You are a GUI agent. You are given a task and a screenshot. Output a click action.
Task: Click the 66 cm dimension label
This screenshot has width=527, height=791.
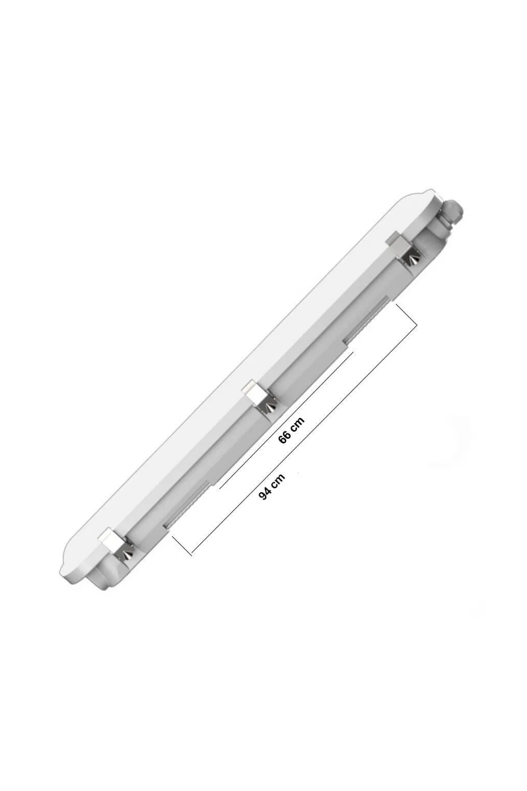pos(291,430)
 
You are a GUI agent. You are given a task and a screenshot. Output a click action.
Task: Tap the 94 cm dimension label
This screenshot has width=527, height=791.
pos(272,487)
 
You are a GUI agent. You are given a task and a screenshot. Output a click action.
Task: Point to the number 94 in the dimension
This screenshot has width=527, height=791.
pos(266,493)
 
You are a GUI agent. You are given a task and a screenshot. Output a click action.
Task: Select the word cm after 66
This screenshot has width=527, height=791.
pos(297,424)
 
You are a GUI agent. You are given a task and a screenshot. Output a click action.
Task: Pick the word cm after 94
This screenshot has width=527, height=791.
pos(278,480)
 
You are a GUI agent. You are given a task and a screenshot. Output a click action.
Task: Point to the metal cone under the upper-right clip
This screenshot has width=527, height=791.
pos(412,258)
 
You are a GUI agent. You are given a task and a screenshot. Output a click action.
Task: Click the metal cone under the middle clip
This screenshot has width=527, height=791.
pos(269,407)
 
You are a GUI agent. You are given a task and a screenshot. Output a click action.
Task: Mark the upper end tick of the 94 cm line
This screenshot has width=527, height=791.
pos(406,315)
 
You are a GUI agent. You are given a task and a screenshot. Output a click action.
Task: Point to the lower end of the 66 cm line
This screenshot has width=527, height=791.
pos(220,487)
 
